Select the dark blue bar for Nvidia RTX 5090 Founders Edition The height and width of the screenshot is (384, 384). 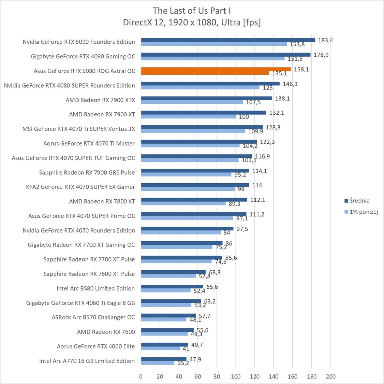[228, 40]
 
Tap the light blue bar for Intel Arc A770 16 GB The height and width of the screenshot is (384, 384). [158, 363]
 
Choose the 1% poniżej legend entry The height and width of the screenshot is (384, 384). [364, 212]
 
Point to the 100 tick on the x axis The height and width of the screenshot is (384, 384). [236, 376]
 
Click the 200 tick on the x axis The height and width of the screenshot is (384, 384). [330, 376]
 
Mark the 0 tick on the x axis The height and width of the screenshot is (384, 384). [141, 376]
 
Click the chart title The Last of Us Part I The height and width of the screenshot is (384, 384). [192, 11]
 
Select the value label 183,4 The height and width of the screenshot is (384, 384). [325, 40]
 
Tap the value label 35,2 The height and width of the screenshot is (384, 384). [183, 363]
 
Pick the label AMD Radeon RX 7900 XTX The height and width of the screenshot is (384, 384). [100, 100]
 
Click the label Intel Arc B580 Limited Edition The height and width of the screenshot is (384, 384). [95, 288]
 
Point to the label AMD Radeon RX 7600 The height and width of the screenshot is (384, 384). [106, 332]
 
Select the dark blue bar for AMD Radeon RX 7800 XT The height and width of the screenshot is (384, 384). [194, 200]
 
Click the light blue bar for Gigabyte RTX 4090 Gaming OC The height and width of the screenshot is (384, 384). [212, 58]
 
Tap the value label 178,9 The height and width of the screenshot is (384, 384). [321, 55]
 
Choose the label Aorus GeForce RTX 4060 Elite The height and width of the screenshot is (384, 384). [96, 346]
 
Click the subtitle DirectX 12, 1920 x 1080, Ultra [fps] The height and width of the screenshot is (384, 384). [192, 23]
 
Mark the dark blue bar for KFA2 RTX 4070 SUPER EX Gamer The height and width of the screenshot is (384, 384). [195, 185]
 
